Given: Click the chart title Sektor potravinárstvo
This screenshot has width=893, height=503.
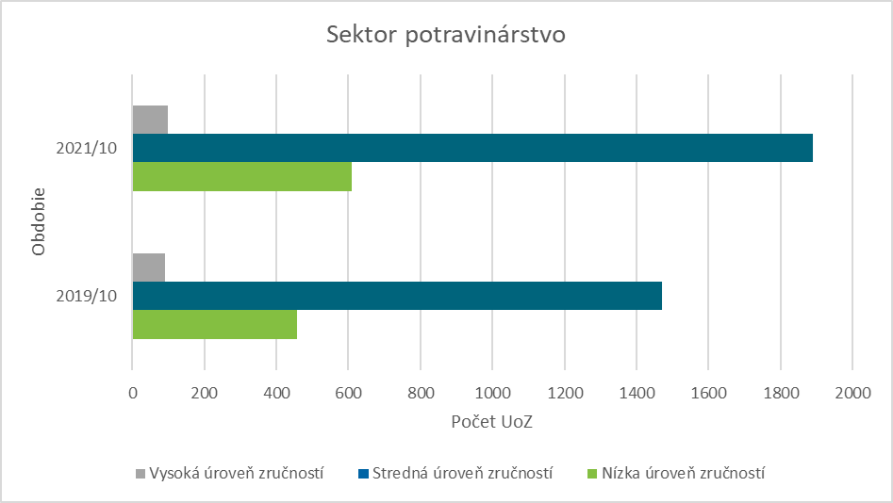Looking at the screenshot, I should pos(445,36).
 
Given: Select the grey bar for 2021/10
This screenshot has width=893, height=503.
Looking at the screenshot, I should pos(150,120).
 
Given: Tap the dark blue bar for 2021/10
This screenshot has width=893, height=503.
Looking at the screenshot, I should pos(471,148).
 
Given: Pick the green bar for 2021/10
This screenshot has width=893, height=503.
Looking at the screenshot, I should pos(241,177).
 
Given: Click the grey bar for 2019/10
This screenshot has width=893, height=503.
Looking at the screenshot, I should pos(149,268).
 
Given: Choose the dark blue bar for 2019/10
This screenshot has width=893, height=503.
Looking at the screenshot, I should pos(396,296).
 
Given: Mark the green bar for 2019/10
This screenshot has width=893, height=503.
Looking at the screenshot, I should pos(214,324).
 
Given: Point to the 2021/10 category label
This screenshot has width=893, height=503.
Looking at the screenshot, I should pos(87,149).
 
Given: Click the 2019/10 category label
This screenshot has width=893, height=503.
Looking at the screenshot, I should pos(87,296).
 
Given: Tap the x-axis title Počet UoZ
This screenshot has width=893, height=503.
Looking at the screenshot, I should pos(491,422).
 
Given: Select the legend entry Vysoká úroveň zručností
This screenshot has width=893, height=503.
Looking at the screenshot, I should pos(230,473).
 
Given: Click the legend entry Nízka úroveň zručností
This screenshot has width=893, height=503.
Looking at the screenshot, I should pos(675,473).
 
